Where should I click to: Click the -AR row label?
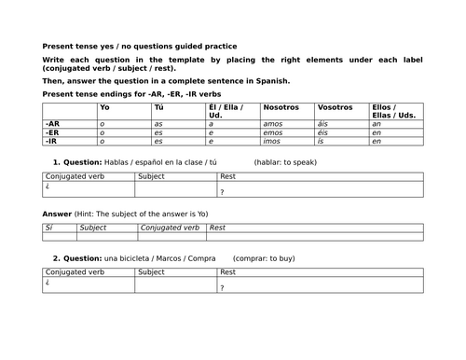[x=54, y=123]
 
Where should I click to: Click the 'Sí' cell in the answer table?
[x=49, y=228]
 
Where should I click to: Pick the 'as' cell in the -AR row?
[x=158, y=123]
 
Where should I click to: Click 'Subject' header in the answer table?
[x=93, y=228]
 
